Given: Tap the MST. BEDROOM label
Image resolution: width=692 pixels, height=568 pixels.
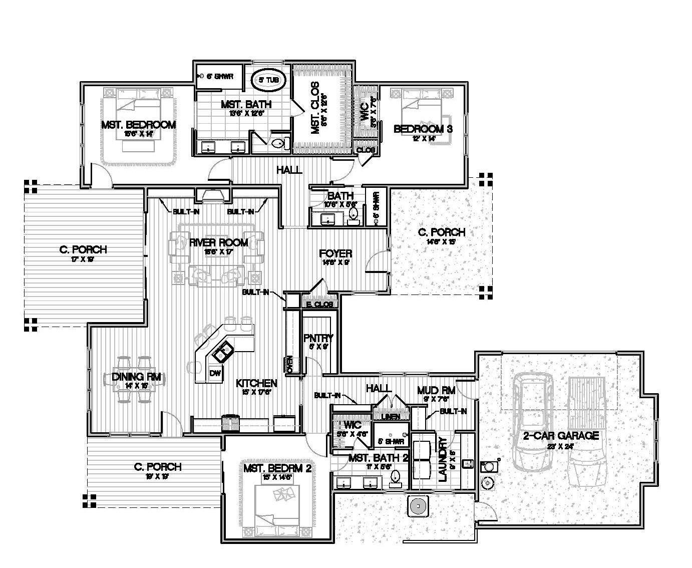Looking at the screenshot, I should tap(138, 125).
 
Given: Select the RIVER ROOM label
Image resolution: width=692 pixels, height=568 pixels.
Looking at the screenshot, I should tap(218, 243).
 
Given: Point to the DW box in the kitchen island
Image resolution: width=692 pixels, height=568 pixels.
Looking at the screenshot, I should tap(215, 373).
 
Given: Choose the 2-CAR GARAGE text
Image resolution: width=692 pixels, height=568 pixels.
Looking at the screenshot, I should tap(561, 435).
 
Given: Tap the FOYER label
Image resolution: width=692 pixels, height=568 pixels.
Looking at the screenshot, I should tap(335, 253).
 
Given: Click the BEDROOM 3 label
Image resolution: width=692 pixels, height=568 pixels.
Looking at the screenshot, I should tap(423, 129).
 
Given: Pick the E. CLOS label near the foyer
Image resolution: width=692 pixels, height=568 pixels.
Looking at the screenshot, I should tap(316, 304).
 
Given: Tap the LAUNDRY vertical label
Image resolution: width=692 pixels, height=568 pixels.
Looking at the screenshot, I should tap(443, 459).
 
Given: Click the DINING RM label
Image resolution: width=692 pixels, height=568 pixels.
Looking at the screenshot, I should tap(132, 377).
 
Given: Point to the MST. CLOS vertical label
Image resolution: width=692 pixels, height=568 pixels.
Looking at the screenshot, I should tap(315, 108).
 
